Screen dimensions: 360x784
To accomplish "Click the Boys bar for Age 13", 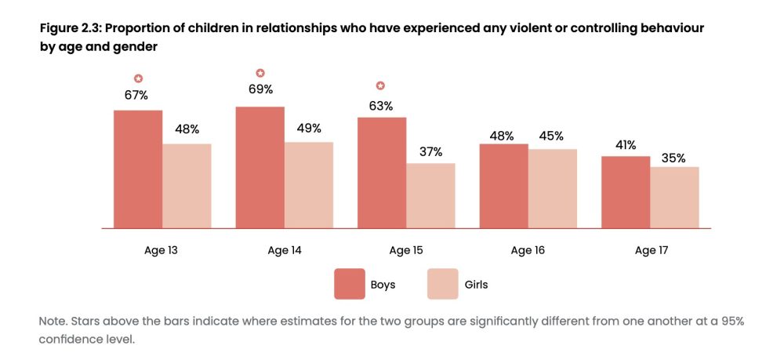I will pyautogui.click(x=138, y=169).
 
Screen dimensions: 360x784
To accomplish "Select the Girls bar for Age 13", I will pyautogui.click(x=187, y=186).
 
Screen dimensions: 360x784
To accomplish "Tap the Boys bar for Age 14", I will pyautogui.click(x=260, y=167).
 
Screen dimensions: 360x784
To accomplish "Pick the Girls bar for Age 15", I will pyautogui.click(x=430, y=195).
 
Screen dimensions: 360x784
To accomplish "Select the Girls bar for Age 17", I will pyautogui.click(x=674, y=197).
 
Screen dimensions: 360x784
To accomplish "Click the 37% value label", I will pyautogui.click(x=430, y=151).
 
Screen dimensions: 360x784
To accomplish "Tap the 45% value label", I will pyautogui.click(x=552, y=136).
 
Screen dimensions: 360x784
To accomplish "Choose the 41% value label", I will pyautogui.click(x=626, y=144).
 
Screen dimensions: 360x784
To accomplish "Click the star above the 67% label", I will pyautogui.click(x=138, y=78).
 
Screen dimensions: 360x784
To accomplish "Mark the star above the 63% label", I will pyautogui.click(x=382, y=85).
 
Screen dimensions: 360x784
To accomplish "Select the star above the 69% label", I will pyautogui.click(x=260, y=73).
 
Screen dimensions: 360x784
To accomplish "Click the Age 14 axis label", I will pyautogui.click(x=285, y=251).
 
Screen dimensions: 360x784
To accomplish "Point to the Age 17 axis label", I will pyautogui.click(x=651, y=251).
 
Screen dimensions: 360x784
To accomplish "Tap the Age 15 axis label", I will pyautogui.click(x=406, y=251).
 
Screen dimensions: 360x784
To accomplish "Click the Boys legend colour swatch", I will pyautogui.click(x=350, y=284).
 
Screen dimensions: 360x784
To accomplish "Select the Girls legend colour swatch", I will pyautogui.click(x=443, y=284).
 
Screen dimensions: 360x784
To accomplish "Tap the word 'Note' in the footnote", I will pyautogui.click(x=52, y=322).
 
